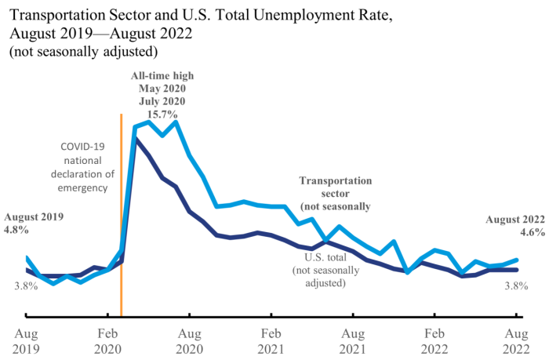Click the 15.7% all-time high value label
click(x=161, y=114)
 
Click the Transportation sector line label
click(x=335, y=193)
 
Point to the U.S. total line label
click(x=318, y=269)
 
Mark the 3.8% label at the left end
click(x=26, y=285)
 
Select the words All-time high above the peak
click(x=161, y=76)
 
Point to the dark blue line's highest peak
click(x=135, y=138)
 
